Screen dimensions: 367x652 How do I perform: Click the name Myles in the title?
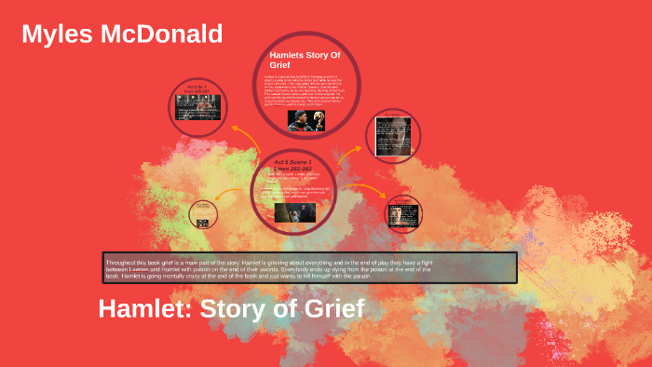tap(57, 34)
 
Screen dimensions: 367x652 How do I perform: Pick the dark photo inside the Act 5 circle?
tap(295, 212)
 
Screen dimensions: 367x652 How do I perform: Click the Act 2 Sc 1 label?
tap(197, 87)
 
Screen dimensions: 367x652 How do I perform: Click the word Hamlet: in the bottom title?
tap(140, 308)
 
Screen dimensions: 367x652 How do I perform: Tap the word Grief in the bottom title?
tap(327, 308)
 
